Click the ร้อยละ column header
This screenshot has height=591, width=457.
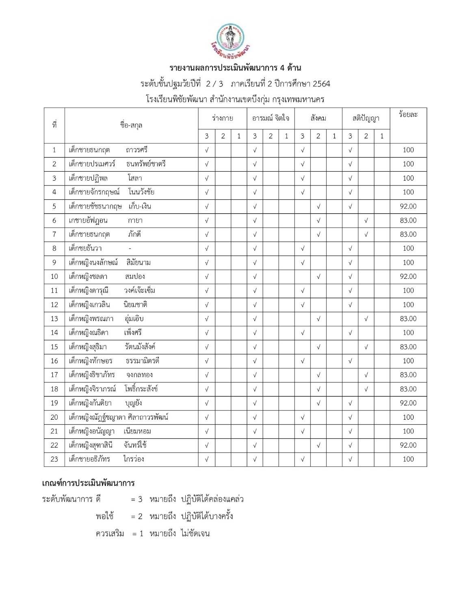tap(408, 115)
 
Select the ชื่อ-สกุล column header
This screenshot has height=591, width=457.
tap(131, 125)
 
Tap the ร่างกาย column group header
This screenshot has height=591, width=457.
tap(222, 118)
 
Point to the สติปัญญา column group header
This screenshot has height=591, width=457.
tap(366, 118)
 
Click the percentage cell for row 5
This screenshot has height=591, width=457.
tap(408, 206)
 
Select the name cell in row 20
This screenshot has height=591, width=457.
tap(118, 417)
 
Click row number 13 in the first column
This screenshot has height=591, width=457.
tap(54, 319)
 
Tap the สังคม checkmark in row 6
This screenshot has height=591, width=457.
tap(318, 220)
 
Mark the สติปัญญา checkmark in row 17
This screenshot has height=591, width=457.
tap(366, 375)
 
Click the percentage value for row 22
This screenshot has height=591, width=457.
tap(408, 445)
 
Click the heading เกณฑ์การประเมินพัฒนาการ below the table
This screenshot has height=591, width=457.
tap(88, 483)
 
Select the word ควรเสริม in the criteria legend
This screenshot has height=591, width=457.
tap(110, 533)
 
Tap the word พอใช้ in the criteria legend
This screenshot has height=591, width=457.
tap(105, 516)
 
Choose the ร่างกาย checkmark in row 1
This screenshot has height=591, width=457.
tap(206, 150)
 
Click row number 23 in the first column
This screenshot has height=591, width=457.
tap(54, 459)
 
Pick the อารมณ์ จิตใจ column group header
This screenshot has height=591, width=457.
tap(271, 118)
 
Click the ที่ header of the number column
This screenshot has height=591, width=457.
tap(54, 125)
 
